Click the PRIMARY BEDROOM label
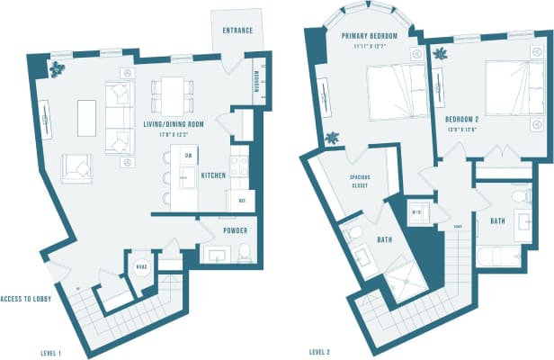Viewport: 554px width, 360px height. point(370,36)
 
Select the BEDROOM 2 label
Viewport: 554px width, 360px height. point(466,118)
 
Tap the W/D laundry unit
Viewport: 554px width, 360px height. point(416,213)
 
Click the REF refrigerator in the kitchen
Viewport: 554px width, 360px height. point(242,200)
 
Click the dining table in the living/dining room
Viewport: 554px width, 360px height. point(173,88)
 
